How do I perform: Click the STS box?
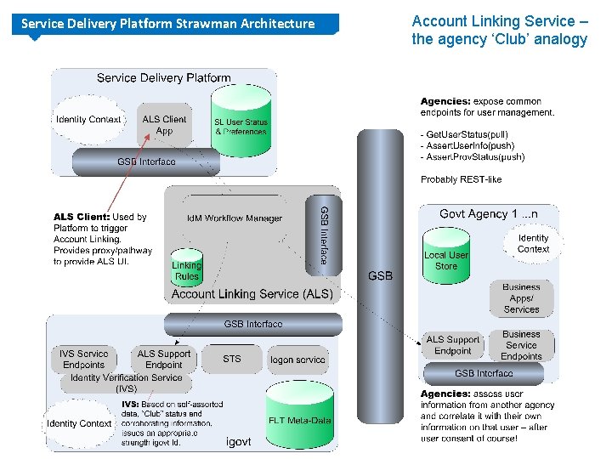[x=232, y=360]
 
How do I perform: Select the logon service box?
[x=297, y=360]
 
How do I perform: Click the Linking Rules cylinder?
[x=186, y=269]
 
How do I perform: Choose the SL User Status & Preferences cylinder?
[x=241, y=129]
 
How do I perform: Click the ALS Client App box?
[x=164, y=125]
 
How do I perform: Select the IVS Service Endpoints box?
[x=83, y=359]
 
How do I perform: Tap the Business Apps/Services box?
[x=521, y=298]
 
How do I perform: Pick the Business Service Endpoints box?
[x=521, y=345]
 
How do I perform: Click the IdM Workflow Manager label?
[x=235, y=218]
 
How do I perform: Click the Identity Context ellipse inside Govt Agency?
[x=533, y=244]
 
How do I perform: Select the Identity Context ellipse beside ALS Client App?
[x=88, y=120]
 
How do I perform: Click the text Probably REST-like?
[x=461, y=179]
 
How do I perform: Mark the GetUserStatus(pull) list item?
[x=467, y=134]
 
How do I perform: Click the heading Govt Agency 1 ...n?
[x=488, y=214]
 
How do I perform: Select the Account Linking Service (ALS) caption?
[x=252, y=294]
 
